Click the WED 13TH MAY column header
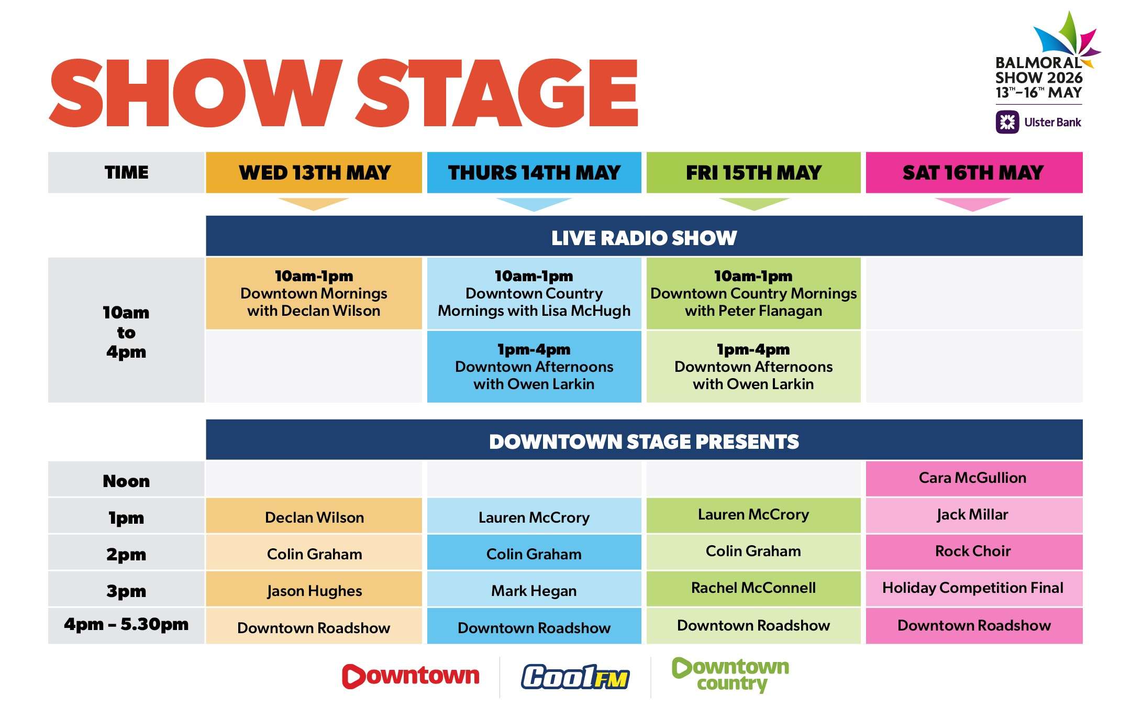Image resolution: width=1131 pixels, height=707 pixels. pyautogui.click(x=314, y=172)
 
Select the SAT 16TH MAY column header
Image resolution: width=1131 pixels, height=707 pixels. pyautogui.click(x=974, y=172)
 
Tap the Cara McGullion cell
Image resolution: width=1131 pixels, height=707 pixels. pyautogui.click(x=974, y=478)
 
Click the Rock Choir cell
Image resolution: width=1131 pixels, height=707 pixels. pyautogui.click(x=974, y=551)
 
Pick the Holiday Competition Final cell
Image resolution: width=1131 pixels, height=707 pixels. pyautogui.click(x=974, y=588)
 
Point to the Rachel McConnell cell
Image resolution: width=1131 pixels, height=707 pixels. pyautogui.click(x=753, y=588)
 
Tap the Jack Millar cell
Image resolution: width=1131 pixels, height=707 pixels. pyautogui.click(x=974, y=515)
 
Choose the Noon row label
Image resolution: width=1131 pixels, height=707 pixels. pyautogui.click(x=126, y=481)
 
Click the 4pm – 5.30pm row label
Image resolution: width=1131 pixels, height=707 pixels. pyautogui.click(x=126, y=624)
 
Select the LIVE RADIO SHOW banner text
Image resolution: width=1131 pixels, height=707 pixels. pyautogui.click(x=644, y=238)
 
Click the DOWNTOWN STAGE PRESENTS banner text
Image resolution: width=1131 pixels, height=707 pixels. pyautogui.click(x=644, y=441)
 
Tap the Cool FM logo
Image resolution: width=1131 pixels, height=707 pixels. pyautogui.click(x=575, y=677)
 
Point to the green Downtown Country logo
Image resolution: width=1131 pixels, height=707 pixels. pyautogui.click(x=730, y=675)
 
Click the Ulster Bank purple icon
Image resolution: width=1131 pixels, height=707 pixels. pyautogui.click(x=1007, y=122)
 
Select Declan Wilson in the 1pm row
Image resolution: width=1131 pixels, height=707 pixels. pyautogui.click(x=314, y=517)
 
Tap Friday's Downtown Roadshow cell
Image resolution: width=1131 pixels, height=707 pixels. pyautogui.click(x=753, y=625)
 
